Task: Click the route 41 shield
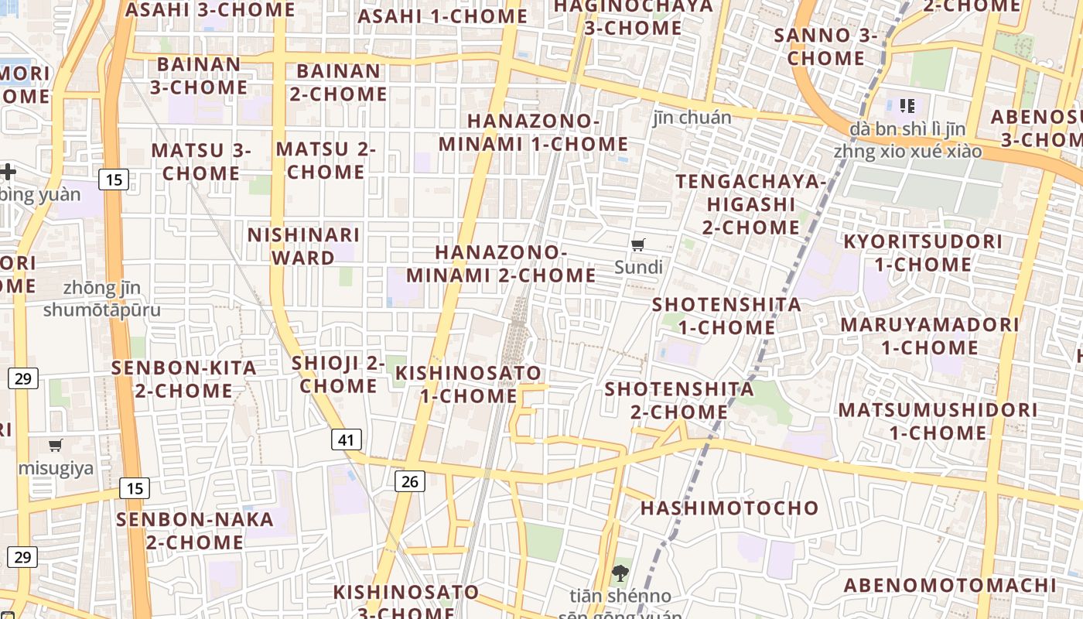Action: [346, 440]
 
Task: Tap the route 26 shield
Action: [410, 481]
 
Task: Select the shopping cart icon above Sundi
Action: [638, 245]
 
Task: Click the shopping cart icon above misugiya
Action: [55, 445]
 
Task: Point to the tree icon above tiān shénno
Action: [619, 573]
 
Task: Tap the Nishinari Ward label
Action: [303, 246]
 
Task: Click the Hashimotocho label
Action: [729, 508]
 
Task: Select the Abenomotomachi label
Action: [949, 586]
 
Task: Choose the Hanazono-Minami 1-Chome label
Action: [534, 133]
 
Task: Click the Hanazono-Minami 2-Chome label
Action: [501, 264]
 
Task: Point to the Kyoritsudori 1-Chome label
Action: [922, 253]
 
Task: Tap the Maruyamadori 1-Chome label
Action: [929, 336]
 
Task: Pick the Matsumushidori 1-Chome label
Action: [938, 421]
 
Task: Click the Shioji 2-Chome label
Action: [338, 374]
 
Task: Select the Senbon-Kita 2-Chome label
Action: [184, 379]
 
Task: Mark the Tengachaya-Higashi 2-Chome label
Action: [750, 204]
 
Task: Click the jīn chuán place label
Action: [692, 118]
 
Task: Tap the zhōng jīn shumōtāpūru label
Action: [102, 299]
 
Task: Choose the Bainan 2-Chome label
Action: [338, 83]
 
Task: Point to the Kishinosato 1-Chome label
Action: [469, 385]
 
